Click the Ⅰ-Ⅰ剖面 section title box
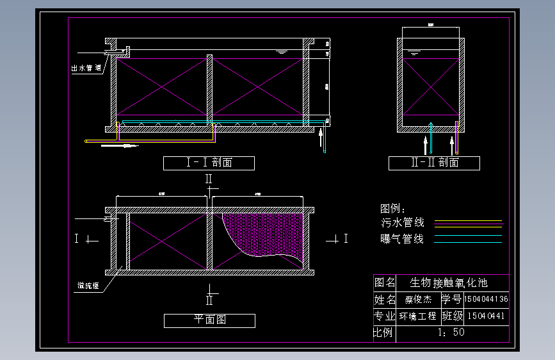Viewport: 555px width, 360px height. pos(209,163)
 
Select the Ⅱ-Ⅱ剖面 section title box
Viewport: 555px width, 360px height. pos(434,163)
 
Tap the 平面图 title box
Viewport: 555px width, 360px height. pos(209,320)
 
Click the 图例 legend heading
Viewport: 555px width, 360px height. pos(393,209)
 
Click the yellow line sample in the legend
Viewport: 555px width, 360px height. pos(469,224)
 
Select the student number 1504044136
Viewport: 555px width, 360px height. pos(487,299)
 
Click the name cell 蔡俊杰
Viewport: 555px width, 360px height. pos(419,299)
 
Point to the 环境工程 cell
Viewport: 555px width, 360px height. pos(419,316)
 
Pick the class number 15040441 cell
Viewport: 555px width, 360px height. pos(487,316)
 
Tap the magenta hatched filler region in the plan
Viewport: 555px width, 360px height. pos(262,234)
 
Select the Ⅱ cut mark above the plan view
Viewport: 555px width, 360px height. pos(209,179)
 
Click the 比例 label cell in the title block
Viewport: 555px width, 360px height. pos(385,332)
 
